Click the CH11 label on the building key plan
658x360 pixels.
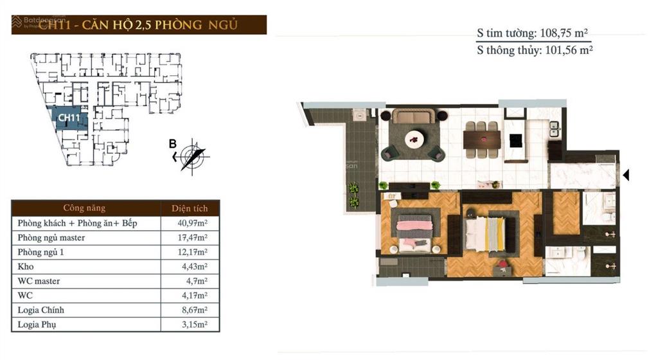69,118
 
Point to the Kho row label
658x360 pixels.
26,267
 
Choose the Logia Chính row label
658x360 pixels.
41,310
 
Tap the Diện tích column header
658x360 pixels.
190,208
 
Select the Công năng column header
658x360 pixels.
84,208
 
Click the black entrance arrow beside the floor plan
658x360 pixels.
627,174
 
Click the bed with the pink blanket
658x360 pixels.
415,231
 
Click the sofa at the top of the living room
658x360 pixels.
413,116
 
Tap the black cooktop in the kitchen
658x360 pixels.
516,140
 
